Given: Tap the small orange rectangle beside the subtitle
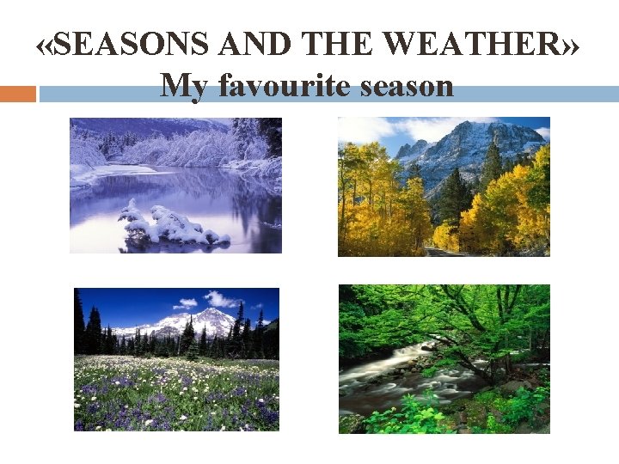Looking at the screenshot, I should coord(17,94).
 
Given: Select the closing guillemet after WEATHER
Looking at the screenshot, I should coord(571,45).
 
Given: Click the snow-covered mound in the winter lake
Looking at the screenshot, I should coord(172,225).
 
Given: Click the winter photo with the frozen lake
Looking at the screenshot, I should coord(175,185).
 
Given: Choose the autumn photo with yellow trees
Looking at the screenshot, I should coord(444,186).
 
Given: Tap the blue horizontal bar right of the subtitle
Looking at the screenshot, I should coord(533,94).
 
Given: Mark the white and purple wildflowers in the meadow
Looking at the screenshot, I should coord(176,395).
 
